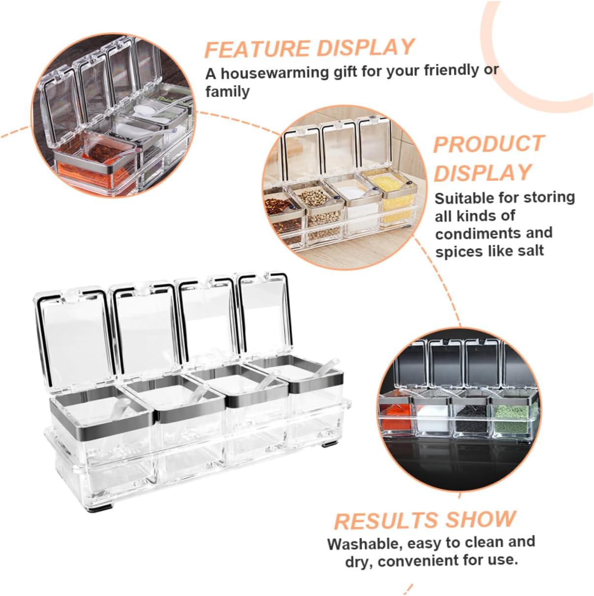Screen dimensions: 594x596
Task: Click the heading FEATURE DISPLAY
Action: pos(309,48)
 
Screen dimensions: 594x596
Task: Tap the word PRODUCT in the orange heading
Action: pos(488,144)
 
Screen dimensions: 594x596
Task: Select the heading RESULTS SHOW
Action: pos(425,520)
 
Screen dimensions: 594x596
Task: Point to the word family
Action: pos(228,92)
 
